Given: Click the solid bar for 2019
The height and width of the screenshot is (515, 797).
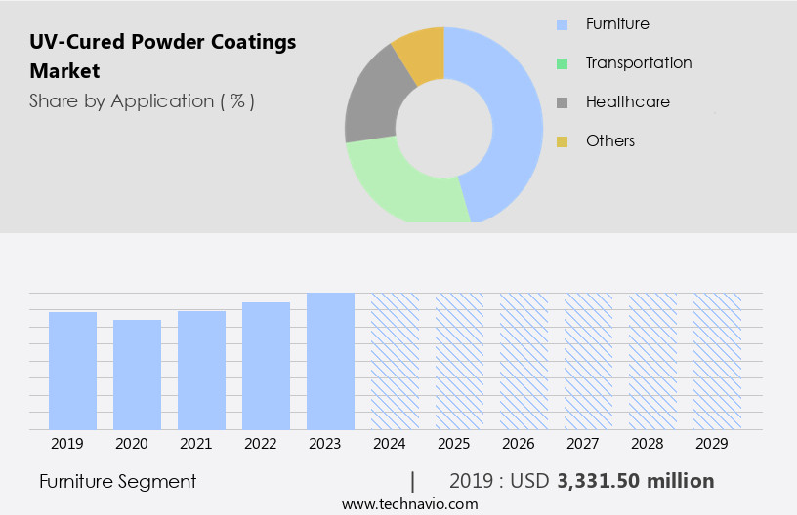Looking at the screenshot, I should coord(72,371).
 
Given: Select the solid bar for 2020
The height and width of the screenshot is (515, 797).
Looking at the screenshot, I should coord(137,375).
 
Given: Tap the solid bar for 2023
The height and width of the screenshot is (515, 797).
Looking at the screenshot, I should coord(330,361).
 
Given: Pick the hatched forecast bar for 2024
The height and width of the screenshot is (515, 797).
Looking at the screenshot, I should coord(395,361).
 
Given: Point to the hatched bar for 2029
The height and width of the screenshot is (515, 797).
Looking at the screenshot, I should coord(717,361).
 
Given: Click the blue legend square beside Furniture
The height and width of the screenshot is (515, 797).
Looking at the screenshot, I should coord(562,24).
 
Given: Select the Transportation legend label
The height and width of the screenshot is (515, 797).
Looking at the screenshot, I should coord(639,62).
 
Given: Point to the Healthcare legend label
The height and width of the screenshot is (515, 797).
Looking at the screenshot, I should coord(628,101).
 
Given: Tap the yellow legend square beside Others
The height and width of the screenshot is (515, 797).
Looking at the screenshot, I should coord(562,141).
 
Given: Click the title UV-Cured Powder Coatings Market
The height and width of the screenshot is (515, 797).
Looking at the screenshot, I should coord(162,56).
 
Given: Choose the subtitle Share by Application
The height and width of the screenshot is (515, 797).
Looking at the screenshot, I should coord(142,100).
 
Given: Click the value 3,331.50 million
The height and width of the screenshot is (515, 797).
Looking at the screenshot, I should coord(635,481).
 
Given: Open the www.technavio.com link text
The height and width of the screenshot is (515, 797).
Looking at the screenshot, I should coord(409,504).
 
